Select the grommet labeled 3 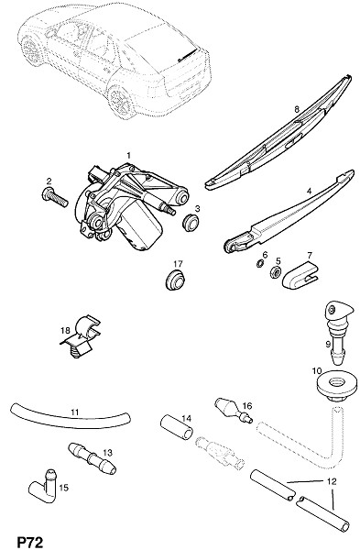click(x=191, y=223)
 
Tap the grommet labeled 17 click(x=175, y=280)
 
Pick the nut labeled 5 click(x=275, y=272)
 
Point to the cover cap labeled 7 click(x=299, y=278)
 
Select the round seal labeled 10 click(x=335, y=386)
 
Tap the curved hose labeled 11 click(x=71, y=417)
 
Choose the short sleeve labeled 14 click(x=177, y=427)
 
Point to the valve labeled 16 click(x=233, y=411)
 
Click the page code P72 click(x=30, y=542)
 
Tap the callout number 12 click(x=332, y=481)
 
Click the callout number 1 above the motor click(x=128, y=155)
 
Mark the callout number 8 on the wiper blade click(x=297, y=109)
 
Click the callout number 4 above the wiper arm click(x=309, y=192)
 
